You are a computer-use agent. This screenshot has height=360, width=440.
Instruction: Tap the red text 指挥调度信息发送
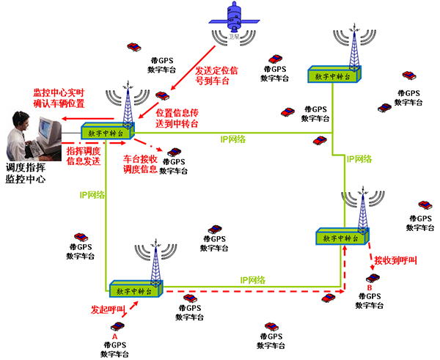coord(83,155)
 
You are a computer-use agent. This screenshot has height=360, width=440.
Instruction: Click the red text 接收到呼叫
coord(395,261)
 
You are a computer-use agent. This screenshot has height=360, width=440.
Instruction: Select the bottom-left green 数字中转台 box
coord(135,290)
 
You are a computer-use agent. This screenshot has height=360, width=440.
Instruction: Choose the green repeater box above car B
coord(342,238)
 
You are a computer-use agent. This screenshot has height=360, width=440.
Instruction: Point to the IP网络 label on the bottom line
coord(252,279)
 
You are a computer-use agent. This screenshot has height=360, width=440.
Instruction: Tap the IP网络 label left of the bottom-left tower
coord(92,195)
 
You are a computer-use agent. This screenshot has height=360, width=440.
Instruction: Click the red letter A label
coord(114,334)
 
